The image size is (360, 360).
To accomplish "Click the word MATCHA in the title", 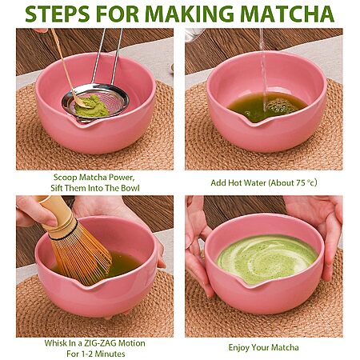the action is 287,14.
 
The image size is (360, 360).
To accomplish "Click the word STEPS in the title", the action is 58,14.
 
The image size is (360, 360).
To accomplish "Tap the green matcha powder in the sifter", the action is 91,106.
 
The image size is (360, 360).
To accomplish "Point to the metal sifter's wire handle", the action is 107,56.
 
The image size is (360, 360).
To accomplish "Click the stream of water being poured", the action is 263,70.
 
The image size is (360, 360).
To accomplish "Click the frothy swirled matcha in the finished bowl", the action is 267,258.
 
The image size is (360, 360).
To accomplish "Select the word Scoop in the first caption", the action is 65,178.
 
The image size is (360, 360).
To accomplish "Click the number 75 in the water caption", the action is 300,182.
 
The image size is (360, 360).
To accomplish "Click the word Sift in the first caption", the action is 57,188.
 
